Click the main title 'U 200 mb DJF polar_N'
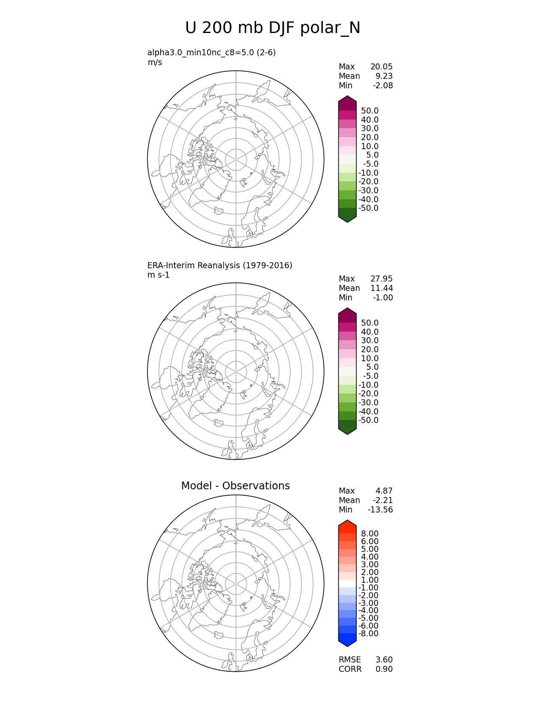coord(272,28)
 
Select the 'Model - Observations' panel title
coord(235,486)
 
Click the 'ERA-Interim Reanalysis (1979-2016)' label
coord(220,266)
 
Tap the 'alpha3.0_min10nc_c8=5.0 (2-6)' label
coord(212,53)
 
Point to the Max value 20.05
coord(381,67)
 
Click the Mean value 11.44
coord(381,288)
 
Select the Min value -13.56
coord(380,510)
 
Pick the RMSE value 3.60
coord(384,660)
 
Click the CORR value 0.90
coord(384,669)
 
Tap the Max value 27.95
coord(381,279)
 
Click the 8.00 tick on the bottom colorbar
coord(370,534)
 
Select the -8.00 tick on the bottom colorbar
coord(368,634)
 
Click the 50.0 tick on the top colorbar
coord(370,111)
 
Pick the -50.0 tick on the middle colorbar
coord(368,420)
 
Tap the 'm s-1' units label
coord(158,275)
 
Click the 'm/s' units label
coord(155,63)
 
